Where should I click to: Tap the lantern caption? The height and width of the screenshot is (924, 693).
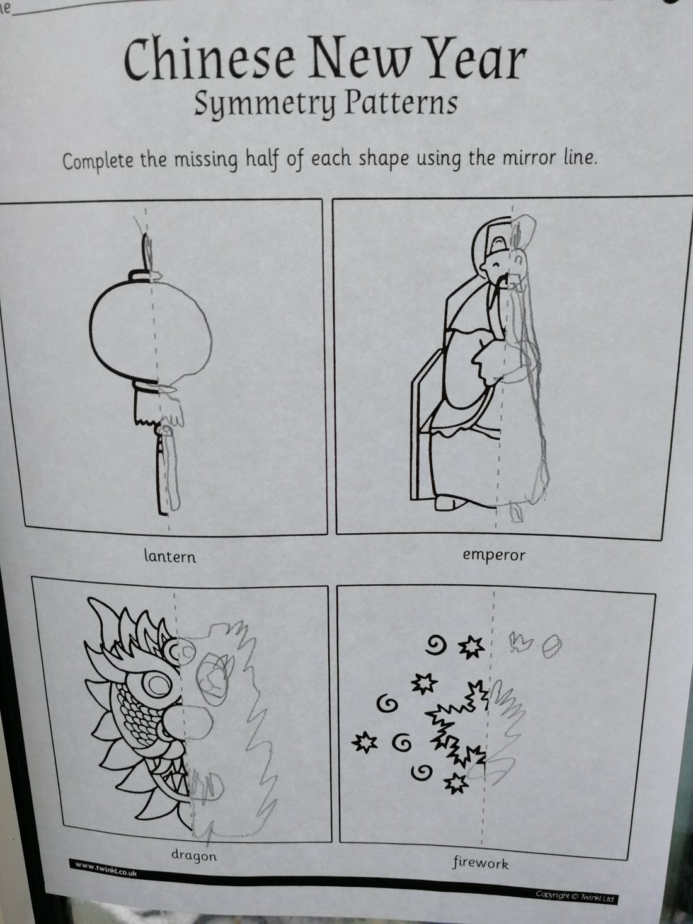[x=170, y=557]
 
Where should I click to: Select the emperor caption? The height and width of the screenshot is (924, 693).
[x=494, y=555]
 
